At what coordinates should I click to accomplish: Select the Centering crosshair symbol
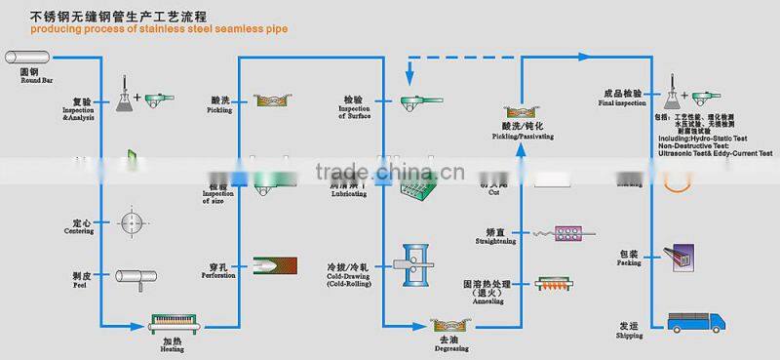click(134, 221)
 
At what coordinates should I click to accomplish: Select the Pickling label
click(219, 103)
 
